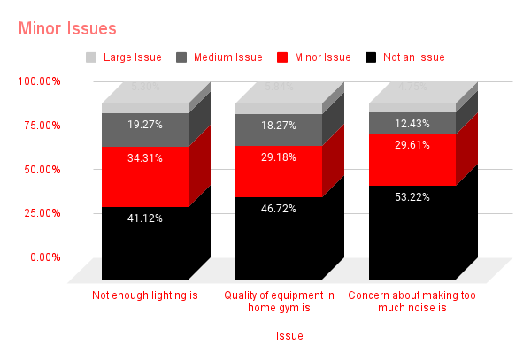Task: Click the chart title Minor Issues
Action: pos(66,29)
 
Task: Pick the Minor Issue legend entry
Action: pos(321,57)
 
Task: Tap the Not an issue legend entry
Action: pos(413,57)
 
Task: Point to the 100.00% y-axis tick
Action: pos(39,81)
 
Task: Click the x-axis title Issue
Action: pos(289,336)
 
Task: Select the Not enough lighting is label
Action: pos(144,295)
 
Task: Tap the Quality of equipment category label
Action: pos(279,301)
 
